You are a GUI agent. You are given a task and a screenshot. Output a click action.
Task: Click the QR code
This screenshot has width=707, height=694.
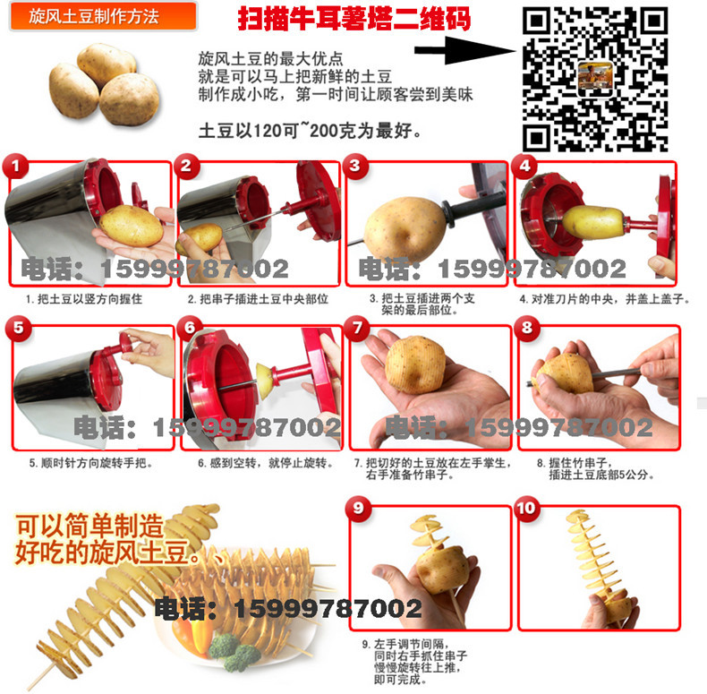[595, 79]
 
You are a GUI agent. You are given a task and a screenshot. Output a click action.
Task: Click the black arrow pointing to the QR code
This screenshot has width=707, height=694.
[464, 50]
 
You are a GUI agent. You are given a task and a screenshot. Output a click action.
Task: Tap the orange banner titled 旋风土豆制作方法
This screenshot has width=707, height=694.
[103, 16]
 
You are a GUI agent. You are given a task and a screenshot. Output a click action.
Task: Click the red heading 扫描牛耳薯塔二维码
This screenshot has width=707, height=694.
[354, 19]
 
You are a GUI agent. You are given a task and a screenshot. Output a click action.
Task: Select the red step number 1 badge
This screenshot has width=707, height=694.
[15, 166]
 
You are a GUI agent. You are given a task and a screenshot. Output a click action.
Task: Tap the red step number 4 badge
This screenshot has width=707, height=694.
[524, 166]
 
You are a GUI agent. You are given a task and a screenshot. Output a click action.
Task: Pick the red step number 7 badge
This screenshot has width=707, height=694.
[357, 328]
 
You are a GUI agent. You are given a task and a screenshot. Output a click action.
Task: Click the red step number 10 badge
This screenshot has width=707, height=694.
[526, 508]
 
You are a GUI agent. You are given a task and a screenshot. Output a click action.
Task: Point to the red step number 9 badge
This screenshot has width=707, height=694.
[358, 509]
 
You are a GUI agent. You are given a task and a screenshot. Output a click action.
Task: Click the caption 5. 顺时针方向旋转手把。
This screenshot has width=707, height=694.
[91, 463]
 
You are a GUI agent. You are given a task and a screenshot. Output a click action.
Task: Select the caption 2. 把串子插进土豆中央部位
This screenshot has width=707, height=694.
[258, 299]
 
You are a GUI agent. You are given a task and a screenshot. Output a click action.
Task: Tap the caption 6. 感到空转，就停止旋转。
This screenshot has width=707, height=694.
[266, 463]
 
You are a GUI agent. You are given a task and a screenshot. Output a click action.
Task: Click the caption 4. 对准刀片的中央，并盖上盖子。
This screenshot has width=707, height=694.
[605, 299]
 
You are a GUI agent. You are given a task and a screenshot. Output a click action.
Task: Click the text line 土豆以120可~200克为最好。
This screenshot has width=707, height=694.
[311, 131]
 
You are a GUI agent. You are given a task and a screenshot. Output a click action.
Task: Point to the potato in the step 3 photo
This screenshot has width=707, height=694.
[405, 229]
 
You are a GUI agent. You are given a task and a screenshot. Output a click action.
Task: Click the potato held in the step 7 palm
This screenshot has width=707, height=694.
[415, 365]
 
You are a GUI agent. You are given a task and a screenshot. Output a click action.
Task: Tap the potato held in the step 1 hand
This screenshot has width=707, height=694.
[132, 226]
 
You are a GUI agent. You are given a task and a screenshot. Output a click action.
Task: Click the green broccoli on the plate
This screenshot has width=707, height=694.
[234, 650]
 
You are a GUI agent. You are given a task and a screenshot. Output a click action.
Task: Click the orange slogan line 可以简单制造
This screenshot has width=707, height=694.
[89, 527]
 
